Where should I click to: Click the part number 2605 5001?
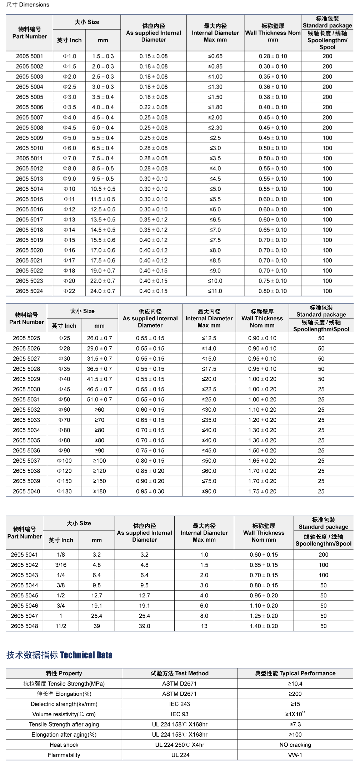point(29,56)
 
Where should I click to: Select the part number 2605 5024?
point(29,291)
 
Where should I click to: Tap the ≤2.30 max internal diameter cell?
point(215,127)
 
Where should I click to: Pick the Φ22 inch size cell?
point(69,291)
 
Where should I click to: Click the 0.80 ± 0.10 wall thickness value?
point(272,291)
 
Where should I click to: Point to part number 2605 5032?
point(26,410)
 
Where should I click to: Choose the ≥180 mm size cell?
point(99,491)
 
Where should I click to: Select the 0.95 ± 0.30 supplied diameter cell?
point(150,491)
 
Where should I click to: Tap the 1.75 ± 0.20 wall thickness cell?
point(262,491)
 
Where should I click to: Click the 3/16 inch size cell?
point(61,565)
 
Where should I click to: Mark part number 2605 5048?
point(24,626)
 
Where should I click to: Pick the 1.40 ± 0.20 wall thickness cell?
point(264,626)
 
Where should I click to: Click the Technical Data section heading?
point(59,655)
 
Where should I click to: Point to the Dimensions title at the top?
point(27,5)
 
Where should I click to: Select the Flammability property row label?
point(64,755)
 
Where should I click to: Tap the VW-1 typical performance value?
point(295,755)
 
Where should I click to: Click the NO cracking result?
point(295,745)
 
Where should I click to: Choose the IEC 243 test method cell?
point(179,704)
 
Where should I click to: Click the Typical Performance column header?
point(295,673)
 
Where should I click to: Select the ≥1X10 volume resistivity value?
point(295,714)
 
